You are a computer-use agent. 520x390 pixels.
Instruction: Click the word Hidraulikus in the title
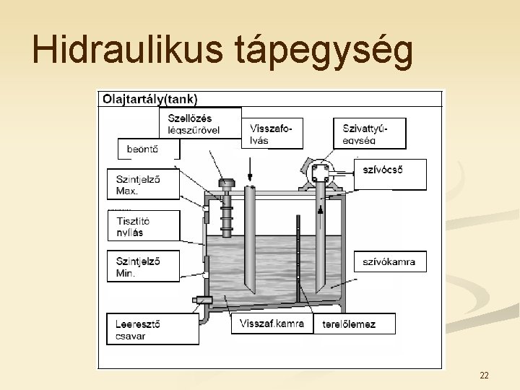point(129,51)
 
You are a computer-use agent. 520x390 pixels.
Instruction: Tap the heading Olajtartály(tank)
point(151,99)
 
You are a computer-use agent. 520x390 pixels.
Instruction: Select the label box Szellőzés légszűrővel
point(200,123)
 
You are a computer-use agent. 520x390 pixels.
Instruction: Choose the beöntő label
point(148,149)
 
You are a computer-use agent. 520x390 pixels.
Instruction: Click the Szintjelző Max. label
point(142,184)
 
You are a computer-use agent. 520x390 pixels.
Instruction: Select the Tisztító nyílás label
point(142,225)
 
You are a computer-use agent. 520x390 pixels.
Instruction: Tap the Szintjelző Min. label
point(142,266)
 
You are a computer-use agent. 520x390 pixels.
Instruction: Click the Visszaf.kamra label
point(272,324)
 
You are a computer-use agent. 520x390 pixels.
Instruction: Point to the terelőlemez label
point(349,324)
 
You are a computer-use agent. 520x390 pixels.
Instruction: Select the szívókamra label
point(390,261)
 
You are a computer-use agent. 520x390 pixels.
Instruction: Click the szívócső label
point(390,171)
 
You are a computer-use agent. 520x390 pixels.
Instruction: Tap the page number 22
point(484,375)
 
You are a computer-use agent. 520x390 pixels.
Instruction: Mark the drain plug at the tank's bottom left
point(200,299)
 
